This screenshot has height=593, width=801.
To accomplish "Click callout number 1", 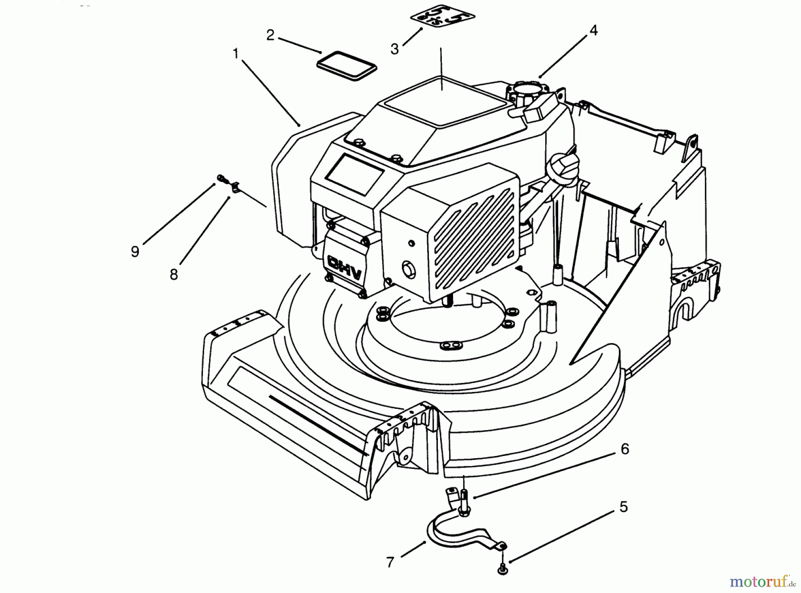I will tap(236, 54).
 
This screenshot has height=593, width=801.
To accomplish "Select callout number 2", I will tap(270, 35).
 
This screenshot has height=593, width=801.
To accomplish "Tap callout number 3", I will tap(395, 49).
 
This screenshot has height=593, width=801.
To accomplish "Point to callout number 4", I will tap(593, 30).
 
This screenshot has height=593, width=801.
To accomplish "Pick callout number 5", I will tap(623, 507).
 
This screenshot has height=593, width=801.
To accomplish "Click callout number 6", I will tap(625, 449).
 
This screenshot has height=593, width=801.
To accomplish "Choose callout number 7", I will tap(390, 563).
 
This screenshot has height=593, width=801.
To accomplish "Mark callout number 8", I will tap(174, 274).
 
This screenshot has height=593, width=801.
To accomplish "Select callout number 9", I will tap(135, 251).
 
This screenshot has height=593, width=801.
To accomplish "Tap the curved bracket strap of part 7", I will tap(458, 529).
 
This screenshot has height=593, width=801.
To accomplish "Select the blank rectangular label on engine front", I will tap(355, 173).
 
